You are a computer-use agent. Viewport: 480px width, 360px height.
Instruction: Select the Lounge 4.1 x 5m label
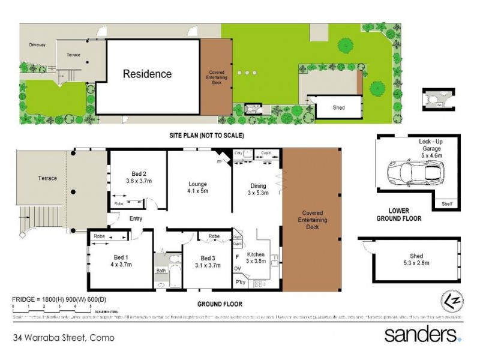click(x=197, y=188)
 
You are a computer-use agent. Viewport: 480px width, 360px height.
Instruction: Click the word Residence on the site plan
click(x=147, y=74)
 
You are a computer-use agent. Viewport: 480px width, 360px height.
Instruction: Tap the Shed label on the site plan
click(x=340, y=108)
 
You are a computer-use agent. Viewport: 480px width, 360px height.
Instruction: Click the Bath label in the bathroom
click(x=161, y=271)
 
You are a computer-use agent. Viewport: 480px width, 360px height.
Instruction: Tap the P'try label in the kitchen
click(x=240, y=281)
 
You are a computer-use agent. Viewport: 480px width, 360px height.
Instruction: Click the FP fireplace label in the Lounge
click(x=219, y=161)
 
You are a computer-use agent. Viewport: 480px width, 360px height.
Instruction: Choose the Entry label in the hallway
click(x=136, y=218)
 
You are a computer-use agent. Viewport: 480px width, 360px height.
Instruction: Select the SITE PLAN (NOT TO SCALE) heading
click(x=206, y=136)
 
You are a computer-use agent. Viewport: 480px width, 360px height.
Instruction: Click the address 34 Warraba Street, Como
click(x=64, y=338)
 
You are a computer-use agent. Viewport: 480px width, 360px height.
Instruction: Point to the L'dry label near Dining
click(x=238, y=154)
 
